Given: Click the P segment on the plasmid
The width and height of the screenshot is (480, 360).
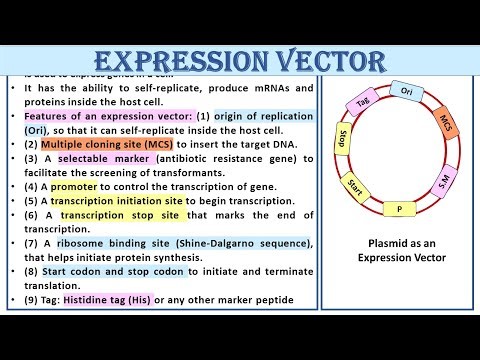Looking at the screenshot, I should pos(400,209).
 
